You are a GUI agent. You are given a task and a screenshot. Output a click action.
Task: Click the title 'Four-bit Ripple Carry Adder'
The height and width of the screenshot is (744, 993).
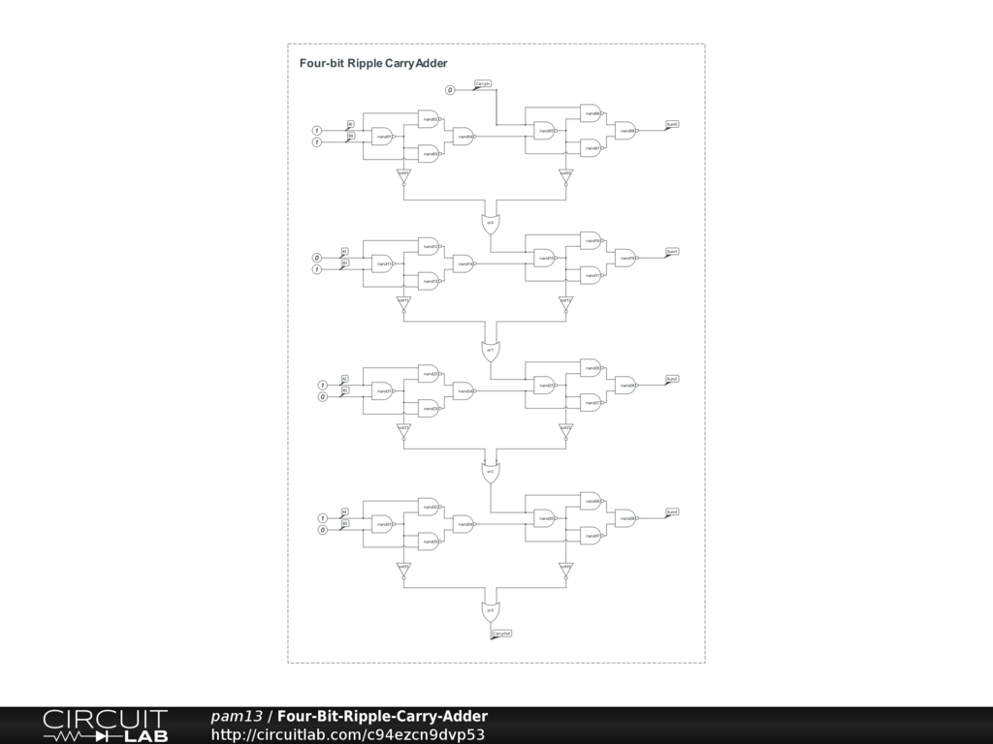pyautogui.click(x=373, y=63)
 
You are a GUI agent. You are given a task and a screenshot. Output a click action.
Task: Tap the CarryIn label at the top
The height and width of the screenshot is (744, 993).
pyautogui.click(x=482, y=84)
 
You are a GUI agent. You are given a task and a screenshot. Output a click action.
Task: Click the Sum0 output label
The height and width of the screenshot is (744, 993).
pyautogui.click(x=672, y=125)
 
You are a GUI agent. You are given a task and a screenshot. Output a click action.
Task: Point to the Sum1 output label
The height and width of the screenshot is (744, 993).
pyautogui.click(x=672, y=252)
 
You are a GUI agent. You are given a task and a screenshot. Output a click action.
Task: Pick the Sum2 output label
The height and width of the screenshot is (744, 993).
pyautogui.click(x=672, y=379)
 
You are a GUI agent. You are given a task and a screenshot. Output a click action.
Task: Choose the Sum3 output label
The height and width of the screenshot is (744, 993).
pyautogui.click(x=672, y=511)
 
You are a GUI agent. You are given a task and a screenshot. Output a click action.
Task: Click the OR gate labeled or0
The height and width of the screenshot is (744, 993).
pyautogui.click(x=491, y=223)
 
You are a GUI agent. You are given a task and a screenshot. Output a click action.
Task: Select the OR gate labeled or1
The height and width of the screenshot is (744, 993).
pyautogui.click(x=491, y=350)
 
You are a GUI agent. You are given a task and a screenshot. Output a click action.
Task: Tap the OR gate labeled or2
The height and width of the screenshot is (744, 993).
pyautogui.click(x=491, y=472)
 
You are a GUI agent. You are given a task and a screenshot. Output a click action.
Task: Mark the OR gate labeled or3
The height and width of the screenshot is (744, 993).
pyautogui.click(x=491, y=610)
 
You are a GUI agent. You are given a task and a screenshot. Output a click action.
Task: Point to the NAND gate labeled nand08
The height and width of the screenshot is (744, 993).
pyautogui.click(x=626, y=131)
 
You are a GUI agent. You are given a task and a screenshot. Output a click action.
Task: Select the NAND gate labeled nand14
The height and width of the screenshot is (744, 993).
pyautogui.click(x=464, y=263)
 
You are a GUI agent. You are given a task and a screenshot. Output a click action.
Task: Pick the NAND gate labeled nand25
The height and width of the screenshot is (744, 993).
pyautogui.click(x=546, y=386)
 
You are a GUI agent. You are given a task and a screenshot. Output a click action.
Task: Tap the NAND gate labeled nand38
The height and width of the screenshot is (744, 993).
pyautogui.click(x=626, y=518)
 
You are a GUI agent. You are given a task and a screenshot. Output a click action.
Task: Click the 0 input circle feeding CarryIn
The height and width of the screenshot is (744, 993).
pyautogui.click(x=450, y=90)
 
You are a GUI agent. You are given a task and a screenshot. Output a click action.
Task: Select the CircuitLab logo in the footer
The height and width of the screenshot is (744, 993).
pyautogui.click(x=105, y=726)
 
